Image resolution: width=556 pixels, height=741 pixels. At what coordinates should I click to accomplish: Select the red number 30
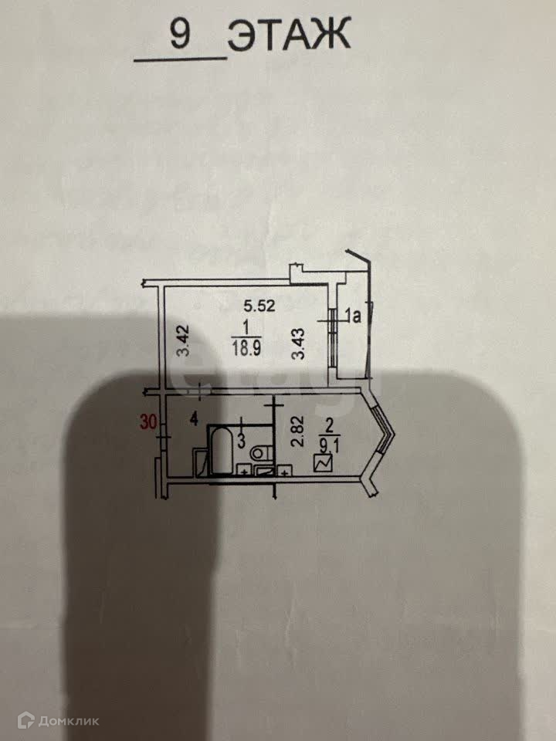(x=147, y=421)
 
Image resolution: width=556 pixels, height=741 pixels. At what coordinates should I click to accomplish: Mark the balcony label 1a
(x=354, y=315)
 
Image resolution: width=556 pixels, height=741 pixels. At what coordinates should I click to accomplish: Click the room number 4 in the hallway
(x=195, y=421)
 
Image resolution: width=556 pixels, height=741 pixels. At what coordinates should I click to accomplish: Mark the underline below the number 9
(x=181, y=59)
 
